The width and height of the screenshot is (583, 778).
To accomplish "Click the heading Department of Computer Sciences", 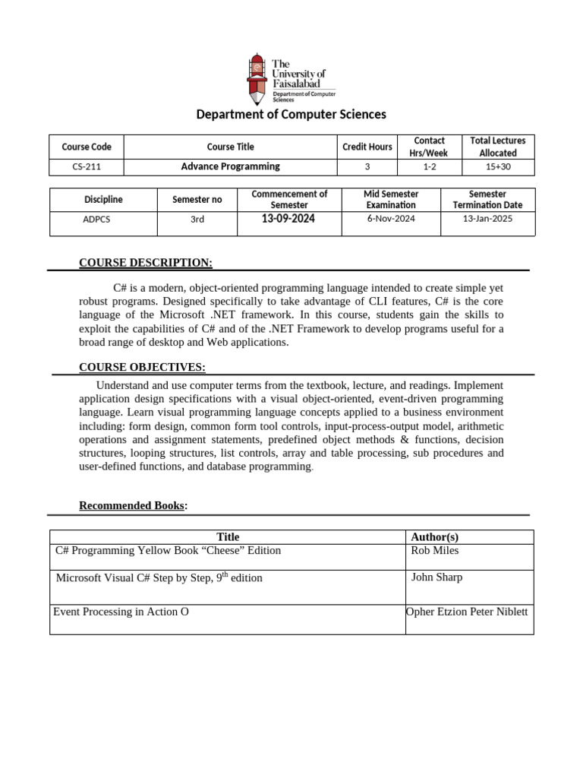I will (x=291, y=114).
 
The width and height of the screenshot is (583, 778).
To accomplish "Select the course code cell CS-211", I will (x=86, y=167).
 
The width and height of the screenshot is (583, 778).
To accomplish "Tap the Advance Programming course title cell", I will (x=230, y=166).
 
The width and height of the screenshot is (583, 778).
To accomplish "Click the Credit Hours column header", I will (x=367, y=147).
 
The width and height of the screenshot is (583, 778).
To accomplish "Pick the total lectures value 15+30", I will (x=497, y=167).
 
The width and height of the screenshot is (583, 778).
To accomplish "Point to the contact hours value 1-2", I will (x=429, y=167).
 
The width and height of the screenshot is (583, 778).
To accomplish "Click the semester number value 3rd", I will (x=197, y=220).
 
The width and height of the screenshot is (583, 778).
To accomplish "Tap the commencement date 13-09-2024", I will (x=288, y=219).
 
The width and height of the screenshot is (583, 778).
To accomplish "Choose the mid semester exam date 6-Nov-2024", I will (x=390, y=219).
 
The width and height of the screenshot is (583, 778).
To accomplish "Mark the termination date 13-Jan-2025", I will (x=487, y=219).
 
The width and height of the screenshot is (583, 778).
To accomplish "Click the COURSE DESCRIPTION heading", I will (x=146, y=263).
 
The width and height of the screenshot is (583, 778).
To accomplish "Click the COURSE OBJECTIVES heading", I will (x=142, y=368).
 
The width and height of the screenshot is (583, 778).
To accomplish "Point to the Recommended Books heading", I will (x=132, y=506).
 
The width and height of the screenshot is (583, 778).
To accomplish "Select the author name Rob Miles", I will (x=434, y=551).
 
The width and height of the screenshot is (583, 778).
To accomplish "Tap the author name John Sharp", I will (x=436, y=577).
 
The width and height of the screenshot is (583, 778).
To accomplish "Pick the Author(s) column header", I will (x=434, y=537).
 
